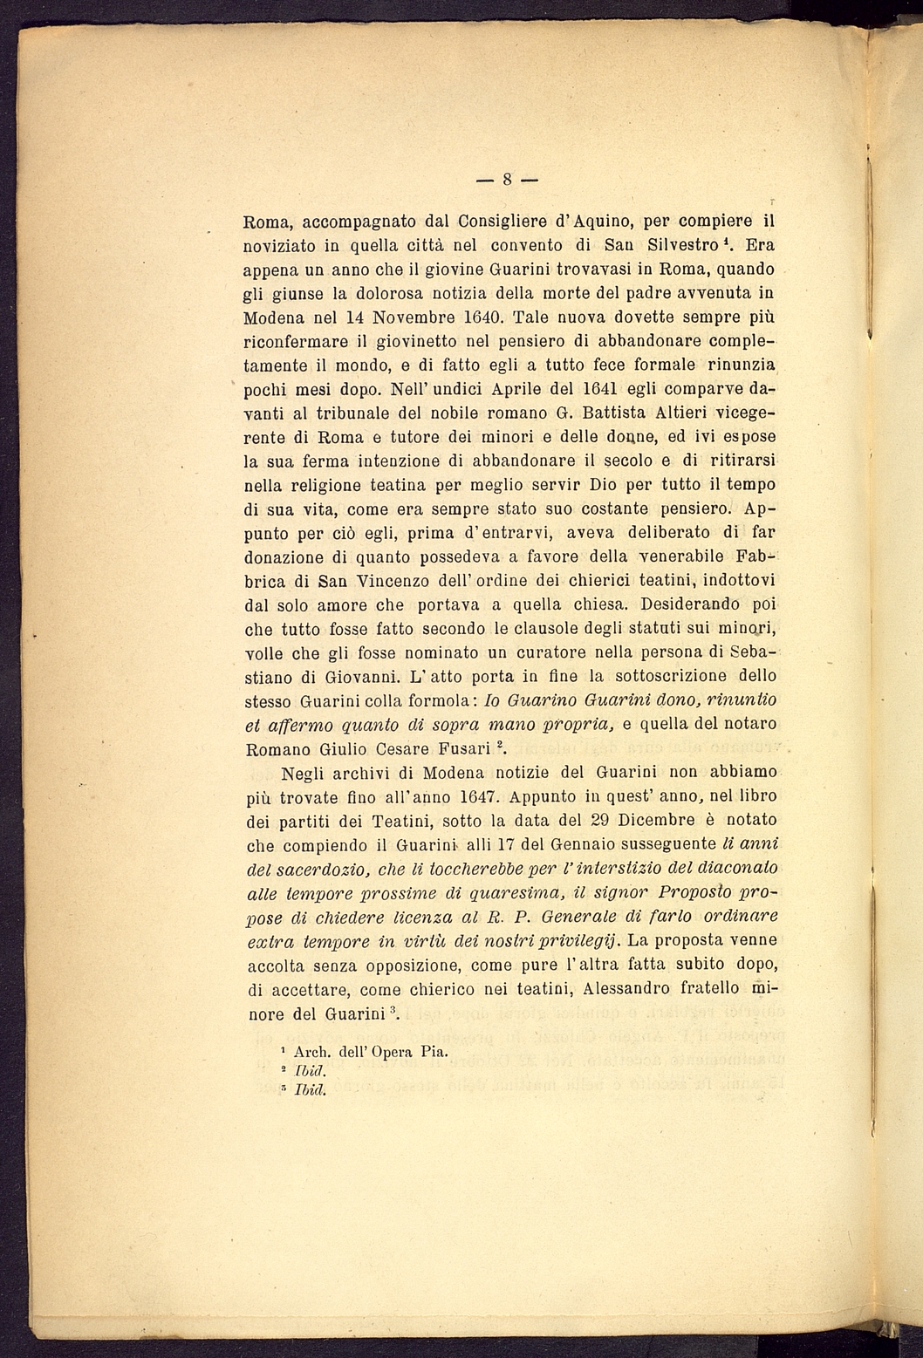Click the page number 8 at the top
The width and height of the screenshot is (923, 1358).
click(x=507, y=181)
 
